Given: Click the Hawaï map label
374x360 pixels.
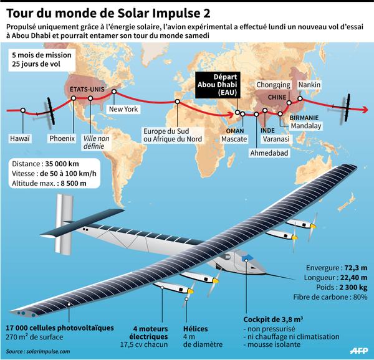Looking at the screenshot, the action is (x=20, y=138).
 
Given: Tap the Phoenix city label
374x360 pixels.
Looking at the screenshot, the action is (x=62, y=138).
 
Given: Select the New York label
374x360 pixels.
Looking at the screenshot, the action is (x=123, y=109).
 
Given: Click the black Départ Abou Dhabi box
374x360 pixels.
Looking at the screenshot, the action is (x=218, y=85).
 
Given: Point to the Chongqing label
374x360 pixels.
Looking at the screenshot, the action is (x=274, y=85).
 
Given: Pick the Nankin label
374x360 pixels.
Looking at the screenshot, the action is (x=309, y=85).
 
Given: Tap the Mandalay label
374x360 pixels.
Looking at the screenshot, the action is (x=306, y=126).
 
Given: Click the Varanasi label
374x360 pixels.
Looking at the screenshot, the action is (x=276, y=139).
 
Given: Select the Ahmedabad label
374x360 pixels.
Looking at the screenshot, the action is (x=269, y=153).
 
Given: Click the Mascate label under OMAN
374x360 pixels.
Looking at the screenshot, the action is (x=234, y=139).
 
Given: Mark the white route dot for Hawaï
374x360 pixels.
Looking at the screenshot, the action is (x=23, y=110).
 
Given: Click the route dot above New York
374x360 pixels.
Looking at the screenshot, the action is (x=114, y=92).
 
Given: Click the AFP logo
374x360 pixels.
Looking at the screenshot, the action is (x=359, y=351).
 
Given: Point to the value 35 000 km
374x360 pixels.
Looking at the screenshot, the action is (x=62, y=164).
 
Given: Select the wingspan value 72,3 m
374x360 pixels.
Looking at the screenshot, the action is (x=356, y=268).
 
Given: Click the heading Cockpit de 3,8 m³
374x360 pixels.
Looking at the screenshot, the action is (x=273, y=320).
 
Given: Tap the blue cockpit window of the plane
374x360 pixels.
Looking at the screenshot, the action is (x=247, y=258).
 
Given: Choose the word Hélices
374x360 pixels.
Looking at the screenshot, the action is (x=195, y=329).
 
